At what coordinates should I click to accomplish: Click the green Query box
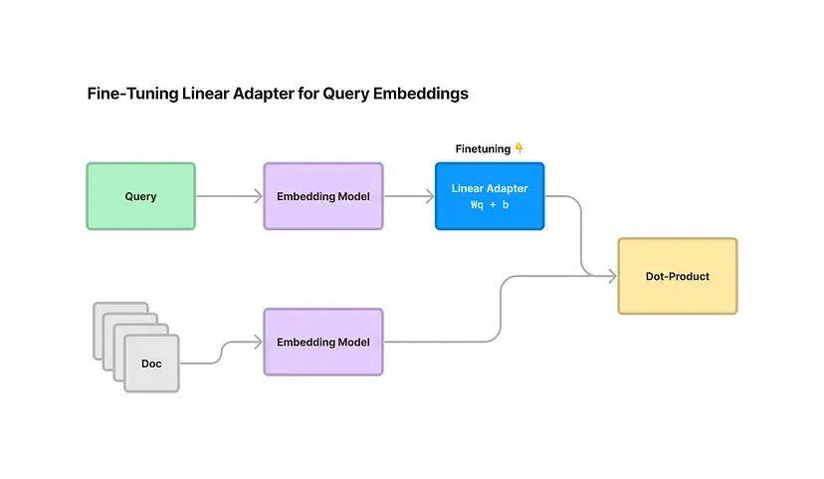pos(140,196)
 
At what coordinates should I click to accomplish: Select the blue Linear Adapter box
pos(490,196)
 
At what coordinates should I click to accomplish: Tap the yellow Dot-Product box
pos(677,276)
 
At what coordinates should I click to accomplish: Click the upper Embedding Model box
pos(322,196)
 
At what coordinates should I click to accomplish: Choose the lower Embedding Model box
pos(322,342)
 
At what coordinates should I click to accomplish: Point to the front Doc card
pos(151,363)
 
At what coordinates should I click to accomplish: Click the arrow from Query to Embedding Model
pos(229,196)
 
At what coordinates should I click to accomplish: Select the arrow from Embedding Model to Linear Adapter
pos(409,196)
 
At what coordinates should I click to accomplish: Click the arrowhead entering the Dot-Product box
pos(612,276)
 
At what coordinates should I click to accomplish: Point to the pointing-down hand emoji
pos(518,148)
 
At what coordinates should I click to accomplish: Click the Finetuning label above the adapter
pos(483,148)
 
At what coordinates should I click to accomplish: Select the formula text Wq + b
pos(490,204)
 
